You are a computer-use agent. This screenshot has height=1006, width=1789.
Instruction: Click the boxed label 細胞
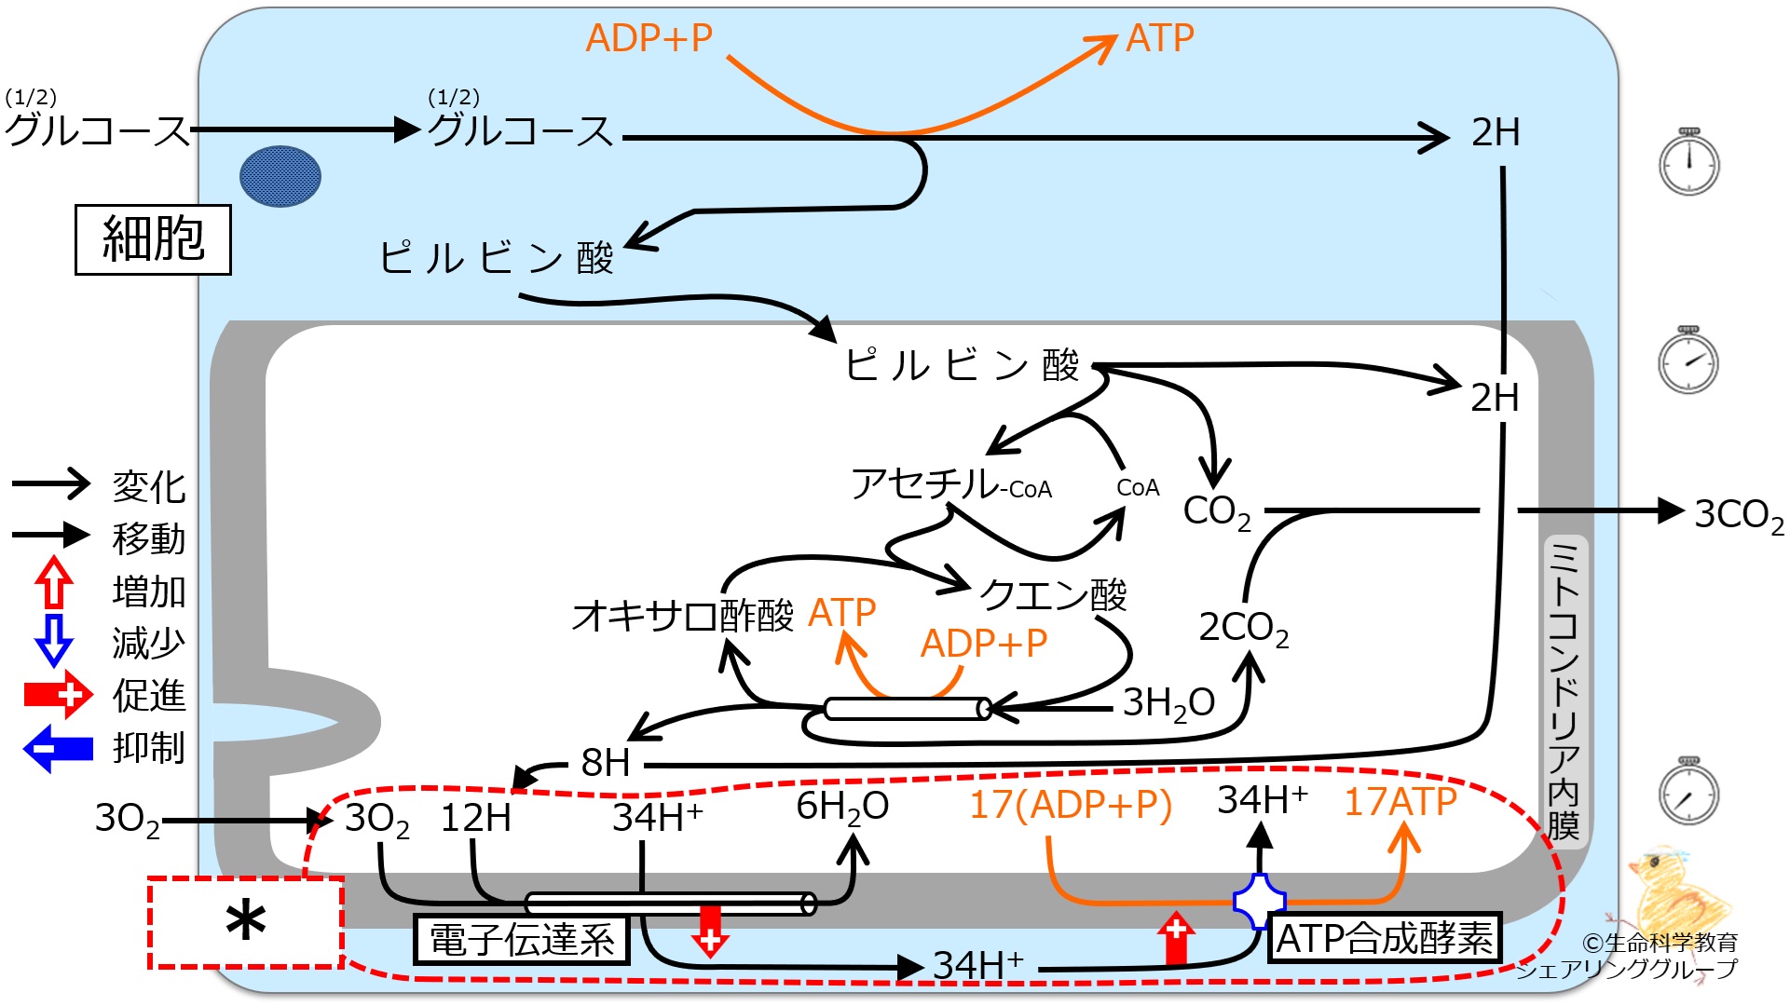pyautogui.click(x=153, y=239)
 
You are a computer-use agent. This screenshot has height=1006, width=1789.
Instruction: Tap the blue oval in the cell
pyautogui.click(x=280, y=176)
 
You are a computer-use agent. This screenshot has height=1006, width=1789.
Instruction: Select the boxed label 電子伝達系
pyautogui.click(x=522, y=939)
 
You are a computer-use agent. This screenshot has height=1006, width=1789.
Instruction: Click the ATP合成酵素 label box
pyautogui.click(x=1385, y=937)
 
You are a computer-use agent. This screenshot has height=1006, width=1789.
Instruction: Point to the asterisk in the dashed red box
pyautogui.click(x=246, y=923)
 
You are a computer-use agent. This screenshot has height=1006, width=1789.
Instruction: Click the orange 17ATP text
pyautogui.click(x=1400, y=802)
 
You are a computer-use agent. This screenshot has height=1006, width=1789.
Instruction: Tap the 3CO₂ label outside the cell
pyautogui.click(x=1739, y=514)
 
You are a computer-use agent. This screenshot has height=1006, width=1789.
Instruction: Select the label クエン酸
pyautogui.click(x=1054, y=594)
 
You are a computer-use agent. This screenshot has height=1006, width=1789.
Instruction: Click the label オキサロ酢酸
pyautogui.click(x=683, y=616)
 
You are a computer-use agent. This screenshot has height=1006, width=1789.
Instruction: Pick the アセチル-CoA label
pyautogui.click(x=951, y=484)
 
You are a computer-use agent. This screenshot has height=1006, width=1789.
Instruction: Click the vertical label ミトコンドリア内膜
pyautogui.click(x=1564, y=690)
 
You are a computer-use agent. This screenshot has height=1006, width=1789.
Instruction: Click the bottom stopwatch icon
pyautogui.click(x=1689, y=791)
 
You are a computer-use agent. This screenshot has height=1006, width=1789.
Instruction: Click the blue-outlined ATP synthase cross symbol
pyautogui.click(x=1260, y=902)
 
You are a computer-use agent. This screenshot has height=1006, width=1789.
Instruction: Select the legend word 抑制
pyautogui.click(x=149, y=748)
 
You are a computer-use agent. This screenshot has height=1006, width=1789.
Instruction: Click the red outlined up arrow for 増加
pyautogui.click(x=54, y=583)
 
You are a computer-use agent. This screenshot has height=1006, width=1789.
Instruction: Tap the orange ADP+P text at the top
pyautogui.click(x=649, y=38)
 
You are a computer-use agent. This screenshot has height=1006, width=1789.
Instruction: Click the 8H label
pyautogui.click(x=606, y=763)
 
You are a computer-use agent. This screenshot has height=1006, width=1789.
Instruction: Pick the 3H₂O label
pyautogui.click(x=1168, y=703)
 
